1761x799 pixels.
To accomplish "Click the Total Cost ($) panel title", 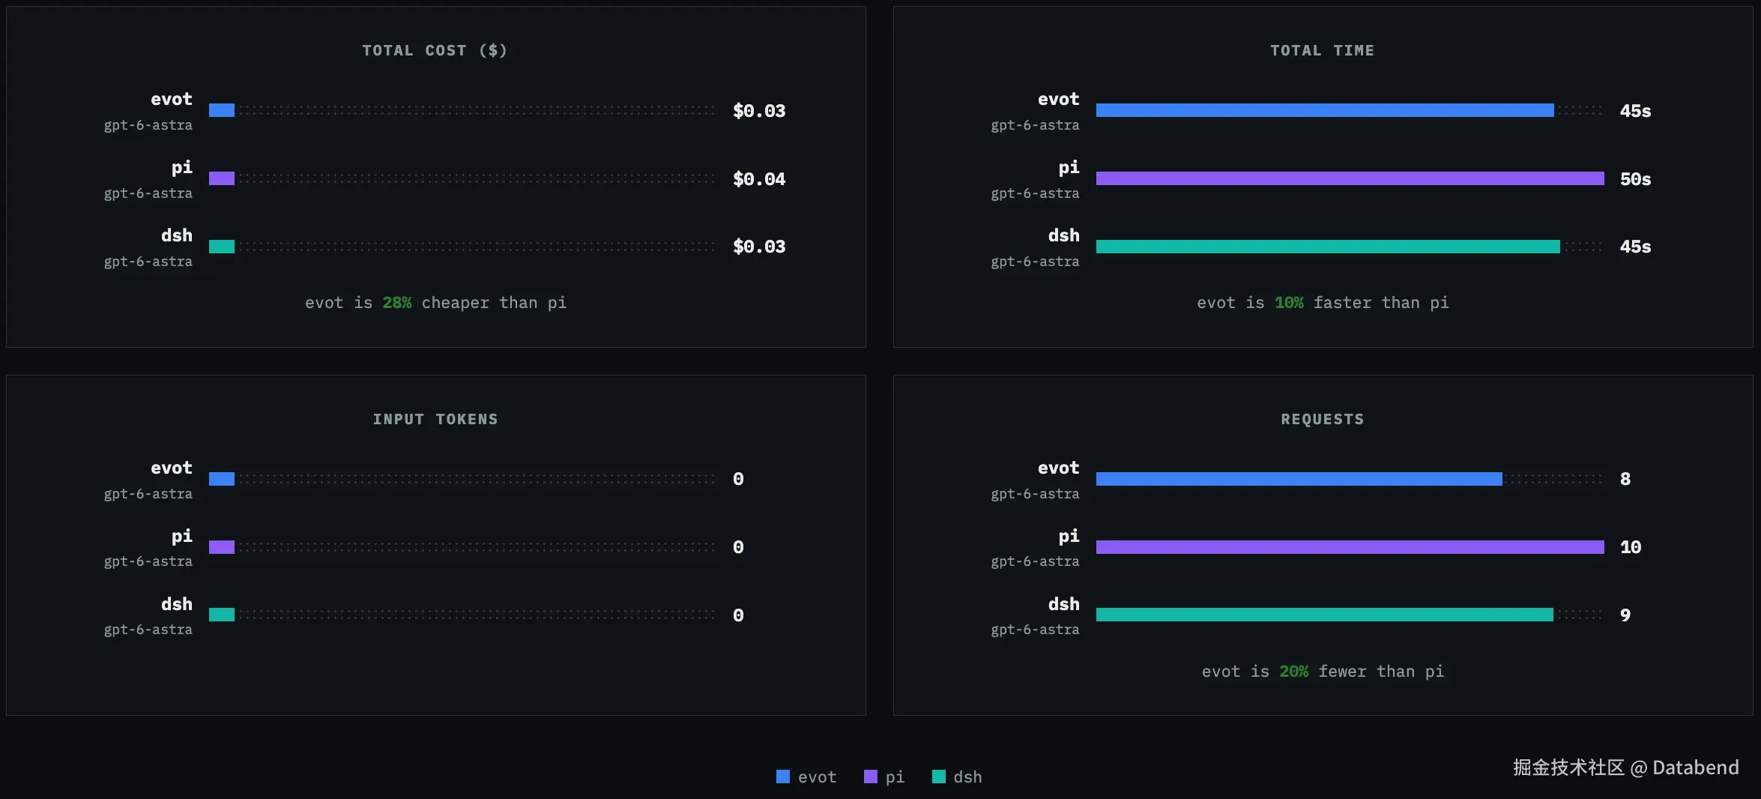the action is point(435,50).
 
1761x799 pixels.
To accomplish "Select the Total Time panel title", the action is point(1322,50).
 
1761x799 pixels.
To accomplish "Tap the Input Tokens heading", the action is point(435,419).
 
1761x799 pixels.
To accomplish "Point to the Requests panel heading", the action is point(1323,419).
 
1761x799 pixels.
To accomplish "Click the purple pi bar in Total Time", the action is point(1350,178).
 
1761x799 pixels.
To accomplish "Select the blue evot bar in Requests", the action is point(1299,479).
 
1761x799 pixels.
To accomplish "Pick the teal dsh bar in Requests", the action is point(1324,615).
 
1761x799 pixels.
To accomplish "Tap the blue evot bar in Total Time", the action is point(1325,110).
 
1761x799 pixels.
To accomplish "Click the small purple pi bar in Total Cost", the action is point(222,178).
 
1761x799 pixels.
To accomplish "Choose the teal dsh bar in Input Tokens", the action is point(222,615).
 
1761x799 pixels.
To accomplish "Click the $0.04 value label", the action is point(759,179).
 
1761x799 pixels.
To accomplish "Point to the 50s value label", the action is point(1635,179).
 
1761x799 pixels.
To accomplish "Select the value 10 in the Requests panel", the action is point(1631,547).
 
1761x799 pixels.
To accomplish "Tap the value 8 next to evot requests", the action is point(1625,479).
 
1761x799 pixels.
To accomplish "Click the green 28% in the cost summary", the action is point(397,303).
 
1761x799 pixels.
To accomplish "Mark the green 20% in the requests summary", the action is point(1293,672).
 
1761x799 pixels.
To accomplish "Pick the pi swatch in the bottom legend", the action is point(870,777).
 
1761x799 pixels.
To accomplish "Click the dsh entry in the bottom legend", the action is point(957,777).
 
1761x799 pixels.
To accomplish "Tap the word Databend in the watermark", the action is point(1695,768).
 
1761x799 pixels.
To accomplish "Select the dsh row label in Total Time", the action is point(1063,235).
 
